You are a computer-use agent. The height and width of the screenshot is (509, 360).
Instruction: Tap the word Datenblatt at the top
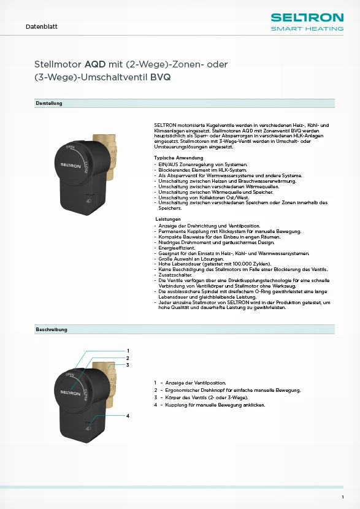(42, 27)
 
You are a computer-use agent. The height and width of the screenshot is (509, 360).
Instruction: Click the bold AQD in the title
(95, 64)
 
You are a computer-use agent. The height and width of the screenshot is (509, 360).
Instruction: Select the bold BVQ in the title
(161, 78)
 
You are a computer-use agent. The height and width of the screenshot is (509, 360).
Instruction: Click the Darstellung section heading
(49, 103)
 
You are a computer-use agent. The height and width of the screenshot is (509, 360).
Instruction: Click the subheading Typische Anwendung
(178, 158)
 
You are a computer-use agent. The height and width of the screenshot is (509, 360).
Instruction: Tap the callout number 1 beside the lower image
(128, 350)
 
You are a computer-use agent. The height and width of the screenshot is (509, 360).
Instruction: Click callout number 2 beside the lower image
(128, 358)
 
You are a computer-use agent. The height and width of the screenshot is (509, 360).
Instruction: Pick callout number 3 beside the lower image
(128, 365)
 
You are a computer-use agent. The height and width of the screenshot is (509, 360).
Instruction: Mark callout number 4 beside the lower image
(128, 416)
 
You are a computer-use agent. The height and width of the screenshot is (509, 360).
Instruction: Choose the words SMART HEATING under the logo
(307, 28)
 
